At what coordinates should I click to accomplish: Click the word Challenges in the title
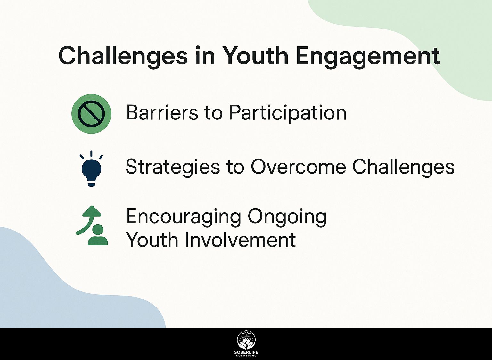[123, 56]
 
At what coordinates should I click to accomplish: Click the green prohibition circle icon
[91, 114]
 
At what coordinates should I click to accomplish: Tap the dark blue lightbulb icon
[91, 168]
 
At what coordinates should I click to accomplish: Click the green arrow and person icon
[92, 225]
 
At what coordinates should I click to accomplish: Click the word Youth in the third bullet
[152, 240]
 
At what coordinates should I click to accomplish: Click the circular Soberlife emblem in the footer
[246, 340]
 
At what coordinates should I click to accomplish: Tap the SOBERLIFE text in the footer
[246, 352]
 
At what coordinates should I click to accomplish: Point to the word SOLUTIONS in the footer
[246, 356]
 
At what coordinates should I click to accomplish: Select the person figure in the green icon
[98, 235]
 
